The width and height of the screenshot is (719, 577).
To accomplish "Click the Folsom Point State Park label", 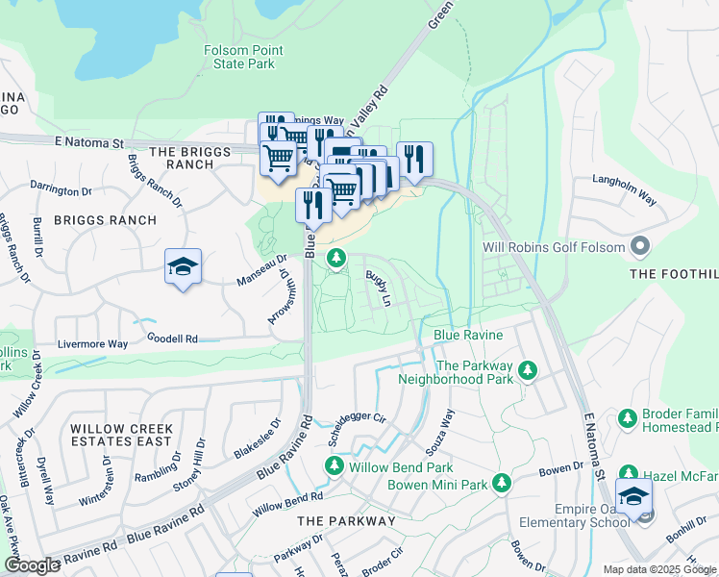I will (x=239, y=57).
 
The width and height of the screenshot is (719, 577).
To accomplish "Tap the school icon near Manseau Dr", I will (x=183, y=267).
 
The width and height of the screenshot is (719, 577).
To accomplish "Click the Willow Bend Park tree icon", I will (x=334, y=466).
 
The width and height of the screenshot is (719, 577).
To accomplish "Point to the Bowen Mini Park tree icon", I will (x=501, y=484).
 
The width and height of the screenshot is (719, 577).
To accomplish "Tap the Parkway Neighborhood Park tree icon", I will (x=527, y=370).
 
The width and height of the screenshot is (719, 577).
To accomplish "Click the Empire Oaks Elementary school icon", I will (x=633, y=497).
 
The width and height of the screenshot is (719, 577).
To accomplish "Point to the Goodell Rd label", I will (x=172, y=339).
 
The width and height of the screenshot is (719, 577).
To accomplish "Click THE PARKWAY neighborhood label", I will (x=346, y=520).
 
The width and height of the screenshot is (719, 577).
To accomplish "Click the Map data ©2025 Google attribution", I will (x=659, y=569).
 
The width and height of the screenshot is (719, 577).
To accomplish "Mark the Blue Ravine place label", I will (x=468, y=335).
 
